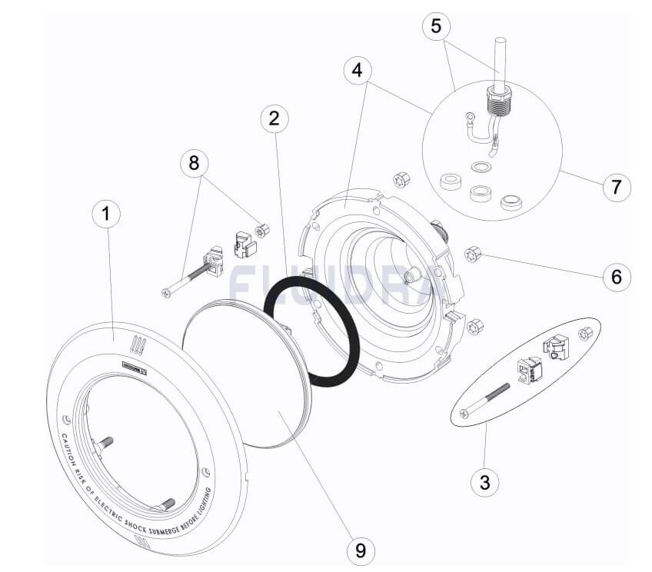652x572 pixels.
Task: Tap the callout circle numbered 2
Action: click(x=274, y=118)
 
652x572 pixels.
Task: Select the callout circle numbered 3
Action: click(x=484, y=482)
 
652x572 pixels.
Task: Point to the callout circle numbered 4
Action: click(x=356, y=71)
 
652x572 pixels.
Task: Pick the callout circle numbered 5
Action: click(x=436, y=27)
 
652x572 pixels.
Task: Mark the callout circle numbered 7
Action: click(x=616, y=186)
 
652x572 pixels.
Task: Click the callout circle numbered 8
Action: click(x=194, y=163)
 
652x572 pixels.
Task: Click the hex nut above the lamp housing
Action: click(x=401, y=181)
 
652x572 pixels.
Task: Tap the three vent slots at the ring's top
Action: click(x=137, y=344)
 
